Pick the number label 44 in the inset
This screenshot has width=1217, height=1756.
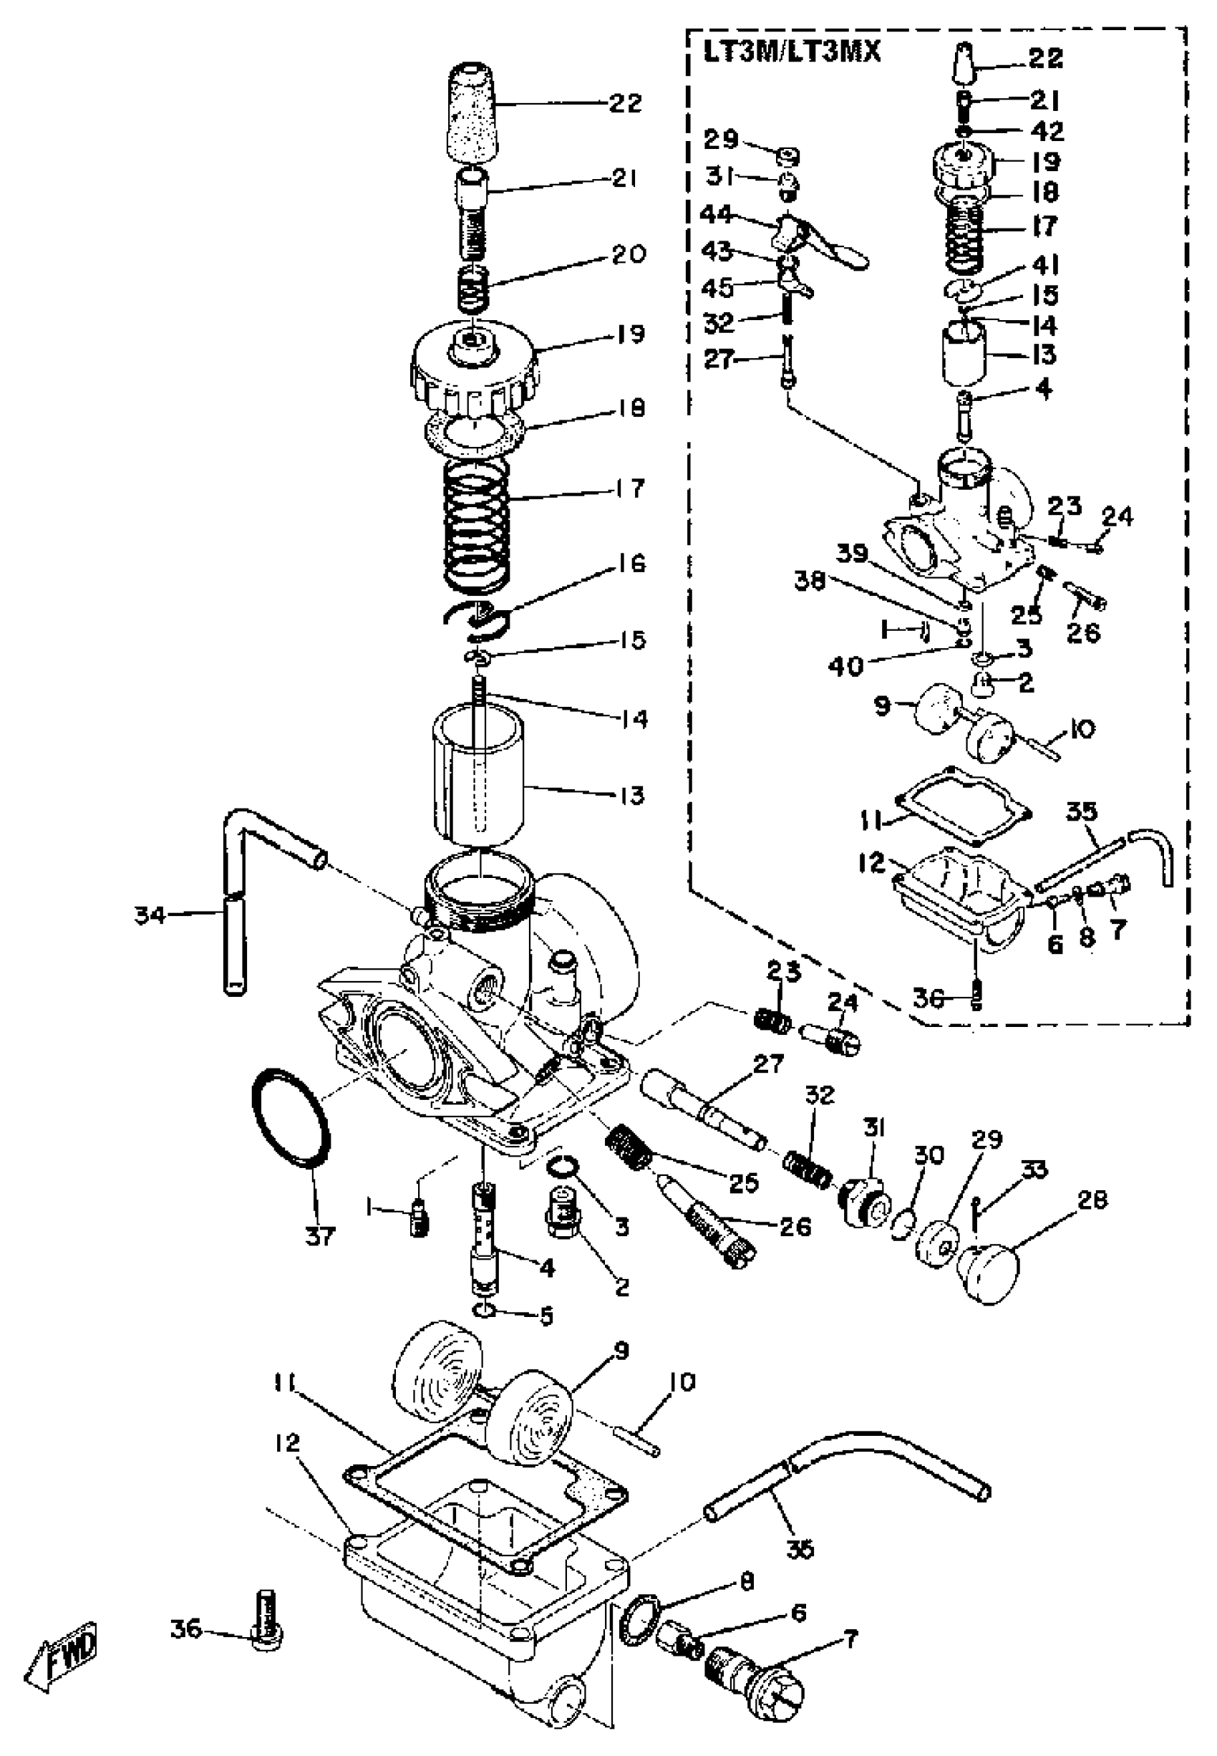point(717,215)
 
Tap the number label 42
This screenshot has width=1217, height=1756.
point(1047,130)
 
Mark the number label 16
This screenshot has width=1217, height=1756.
point(630,563)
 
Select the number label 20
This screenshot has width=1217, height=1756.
point(629,254)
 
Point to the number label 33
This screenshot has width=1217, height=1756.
point(1034,1169)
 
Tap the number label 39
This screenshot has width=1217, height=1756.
point(852,553)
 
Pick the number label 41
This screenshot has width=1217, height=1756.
point(1045,264)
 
